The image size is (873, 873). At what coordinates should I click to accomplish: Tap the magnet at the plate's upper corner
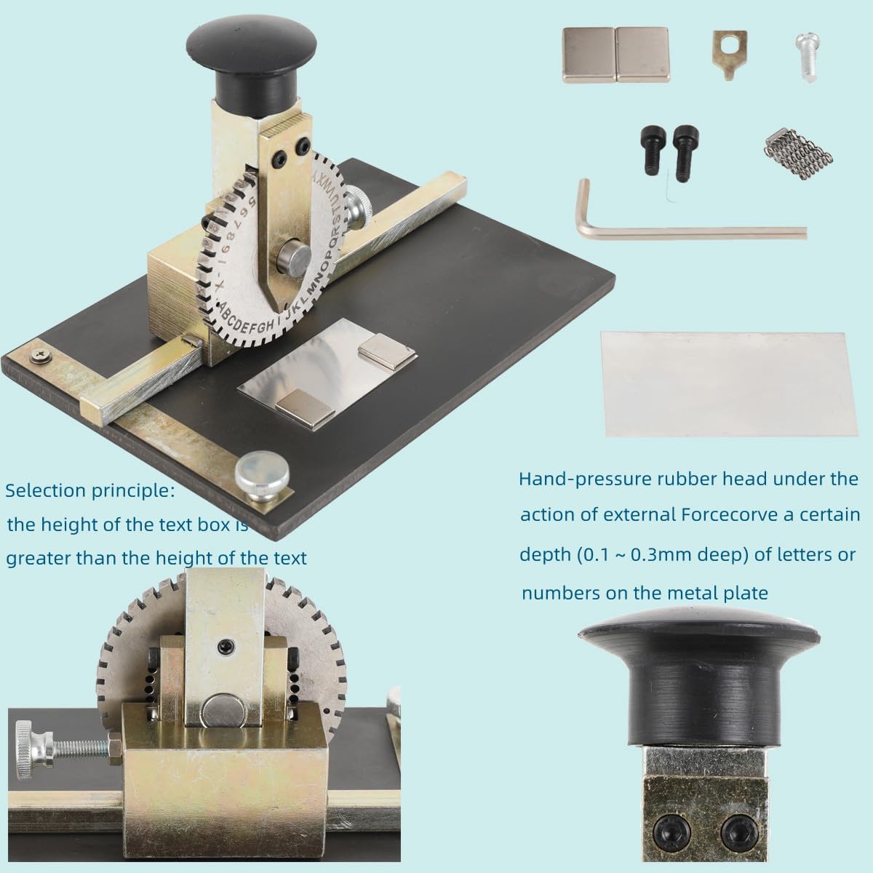click(387, 348)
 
